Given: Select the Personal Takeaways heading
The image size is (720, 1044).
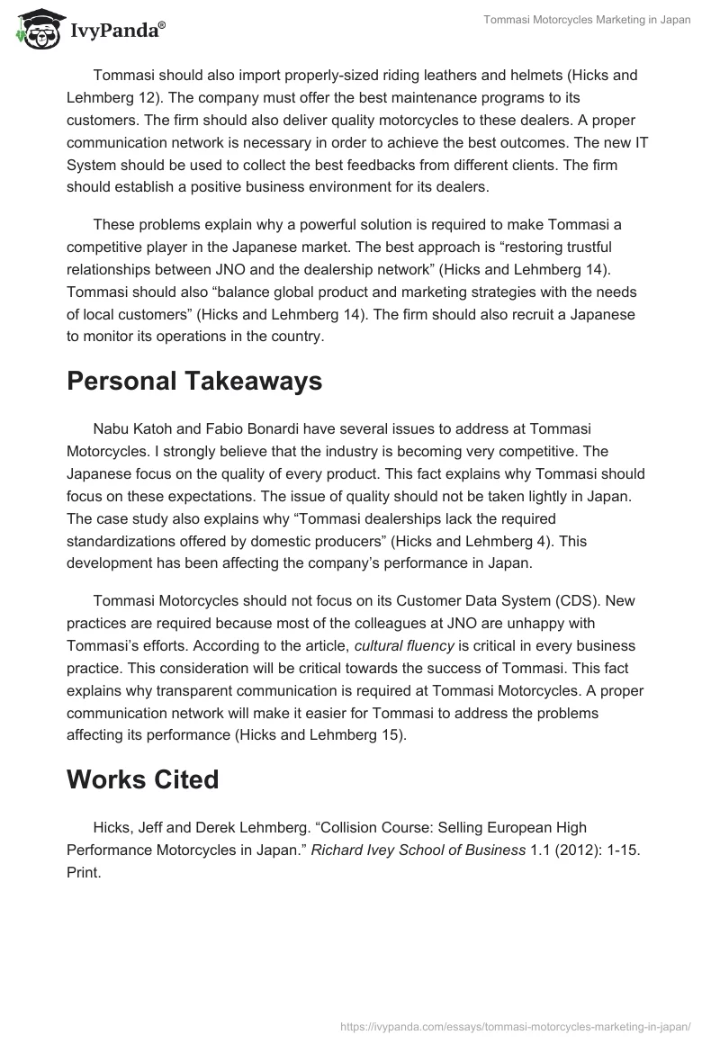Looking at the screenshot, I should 194,381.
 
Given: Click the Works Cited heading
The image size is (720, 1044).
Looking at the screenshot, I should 142,778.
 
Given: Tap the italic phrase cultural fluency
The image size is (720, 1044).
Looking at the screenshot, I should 406,645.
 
